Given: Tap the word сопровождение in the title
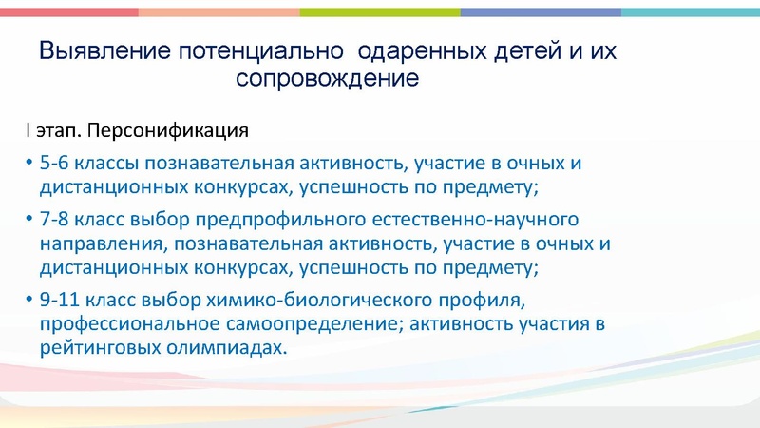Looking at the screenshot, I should (x=327, y=78).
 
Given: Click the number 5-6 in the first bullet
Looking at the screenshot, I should (x=56, y=163).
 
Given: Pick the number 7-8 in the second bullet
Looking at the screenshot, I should (x=56, y=220).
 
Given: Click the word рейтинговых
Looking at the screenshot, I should (x=97, y=349).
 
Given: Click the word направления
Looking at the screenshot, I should (x=97, y=243).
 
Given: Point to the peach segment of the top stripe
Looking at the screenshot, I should (x=218, y=11).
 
